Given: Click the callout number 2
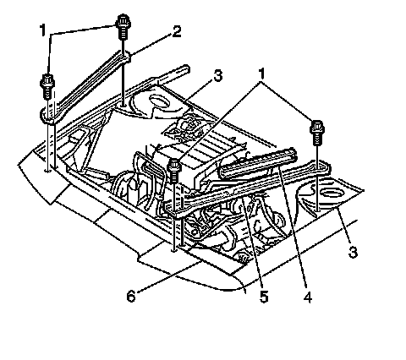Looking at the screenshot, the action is pyautogui.click(x=177, y=31).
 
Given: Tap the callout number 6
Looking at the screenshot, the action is pyautogui.click(x=131, y=296).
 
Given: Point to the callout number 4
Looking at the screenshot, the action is pyautogui.click(x=307, y=297).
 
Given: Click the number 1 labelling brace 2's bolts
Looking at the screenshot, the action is pyautogui.click(x=42, y=30).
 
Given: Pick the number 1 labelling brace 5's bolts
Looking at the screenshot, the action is pyautogui.click(x=261, y=74).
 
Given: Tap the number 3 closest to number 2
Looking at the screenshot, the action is pyautogui.click(x=217, y=76).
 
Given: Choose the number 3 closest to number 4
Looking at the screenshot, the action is pyautogui.click(x=353, y=251).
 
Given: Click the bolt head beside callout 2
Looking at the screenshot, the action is pyautogui.click(x=123, y=27).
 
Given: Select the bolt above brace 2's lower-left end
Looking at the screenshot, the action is pyautogui.click(x=47, y=86).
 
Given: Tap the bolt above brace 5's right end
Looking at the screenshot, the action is pyautogui.click(x=317, y=133).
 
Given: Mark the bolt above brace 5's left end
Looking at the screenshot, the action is pyautogui.click(x=174, y=171).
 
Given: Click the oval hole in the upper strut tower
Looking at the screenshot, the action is pyautogui.click(x=159, y=101).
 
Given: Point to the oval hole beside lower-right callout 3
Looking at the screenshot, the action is pyautogui.click(x=331, y=194).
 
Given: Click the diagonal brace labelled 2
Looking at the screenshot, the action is pyautogui.click(x=85, y=87).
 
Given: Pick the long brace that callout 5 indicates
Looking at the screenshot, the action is pyautogui.click(x=247, y=189).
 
